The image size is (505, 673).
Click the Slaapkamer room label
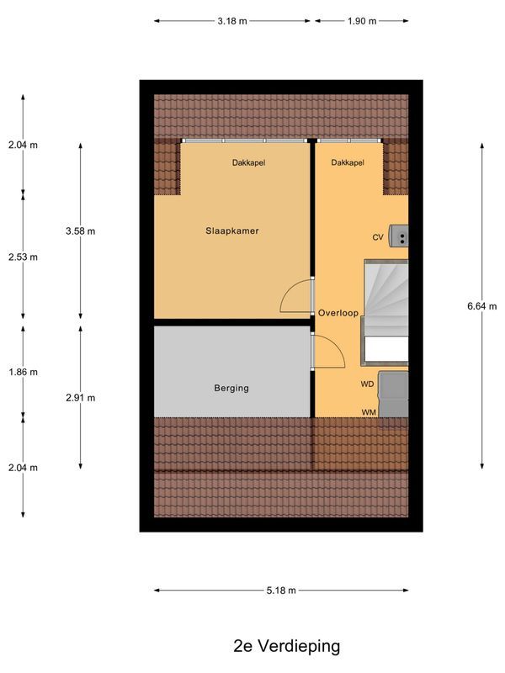coord(231,231)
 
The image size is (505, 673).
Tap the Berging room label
coord(231,388)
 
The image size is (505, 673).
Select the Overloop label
coord(338,313)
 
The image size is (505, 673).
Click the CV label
coord(378,237)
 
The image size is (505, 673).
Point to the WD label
coord(367,384)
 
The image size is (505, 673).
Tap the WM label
coord(368,411)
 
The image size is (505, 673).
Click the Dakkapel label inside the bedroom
coord(249,162)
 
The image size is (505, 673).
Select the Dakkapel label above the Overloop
coord(347,162)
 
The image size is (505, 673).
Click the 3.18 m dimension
coord(231,21)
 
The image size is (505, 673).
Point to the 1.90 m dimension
coord(361,21)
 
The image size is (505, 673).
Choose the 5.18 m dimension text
coord(280,591)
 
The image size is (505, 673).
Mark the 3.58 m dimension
coord(80,231)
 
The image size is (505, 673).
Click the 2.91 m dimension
coord(80,397)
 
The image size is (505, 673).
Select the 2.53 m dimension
coord(23,257)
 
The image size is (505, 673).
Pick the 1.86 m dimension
coord(23,371)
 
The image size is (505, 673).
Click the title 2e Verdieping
coord(286,646)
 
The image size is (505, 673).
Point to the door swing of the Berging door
coord(330,352)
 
